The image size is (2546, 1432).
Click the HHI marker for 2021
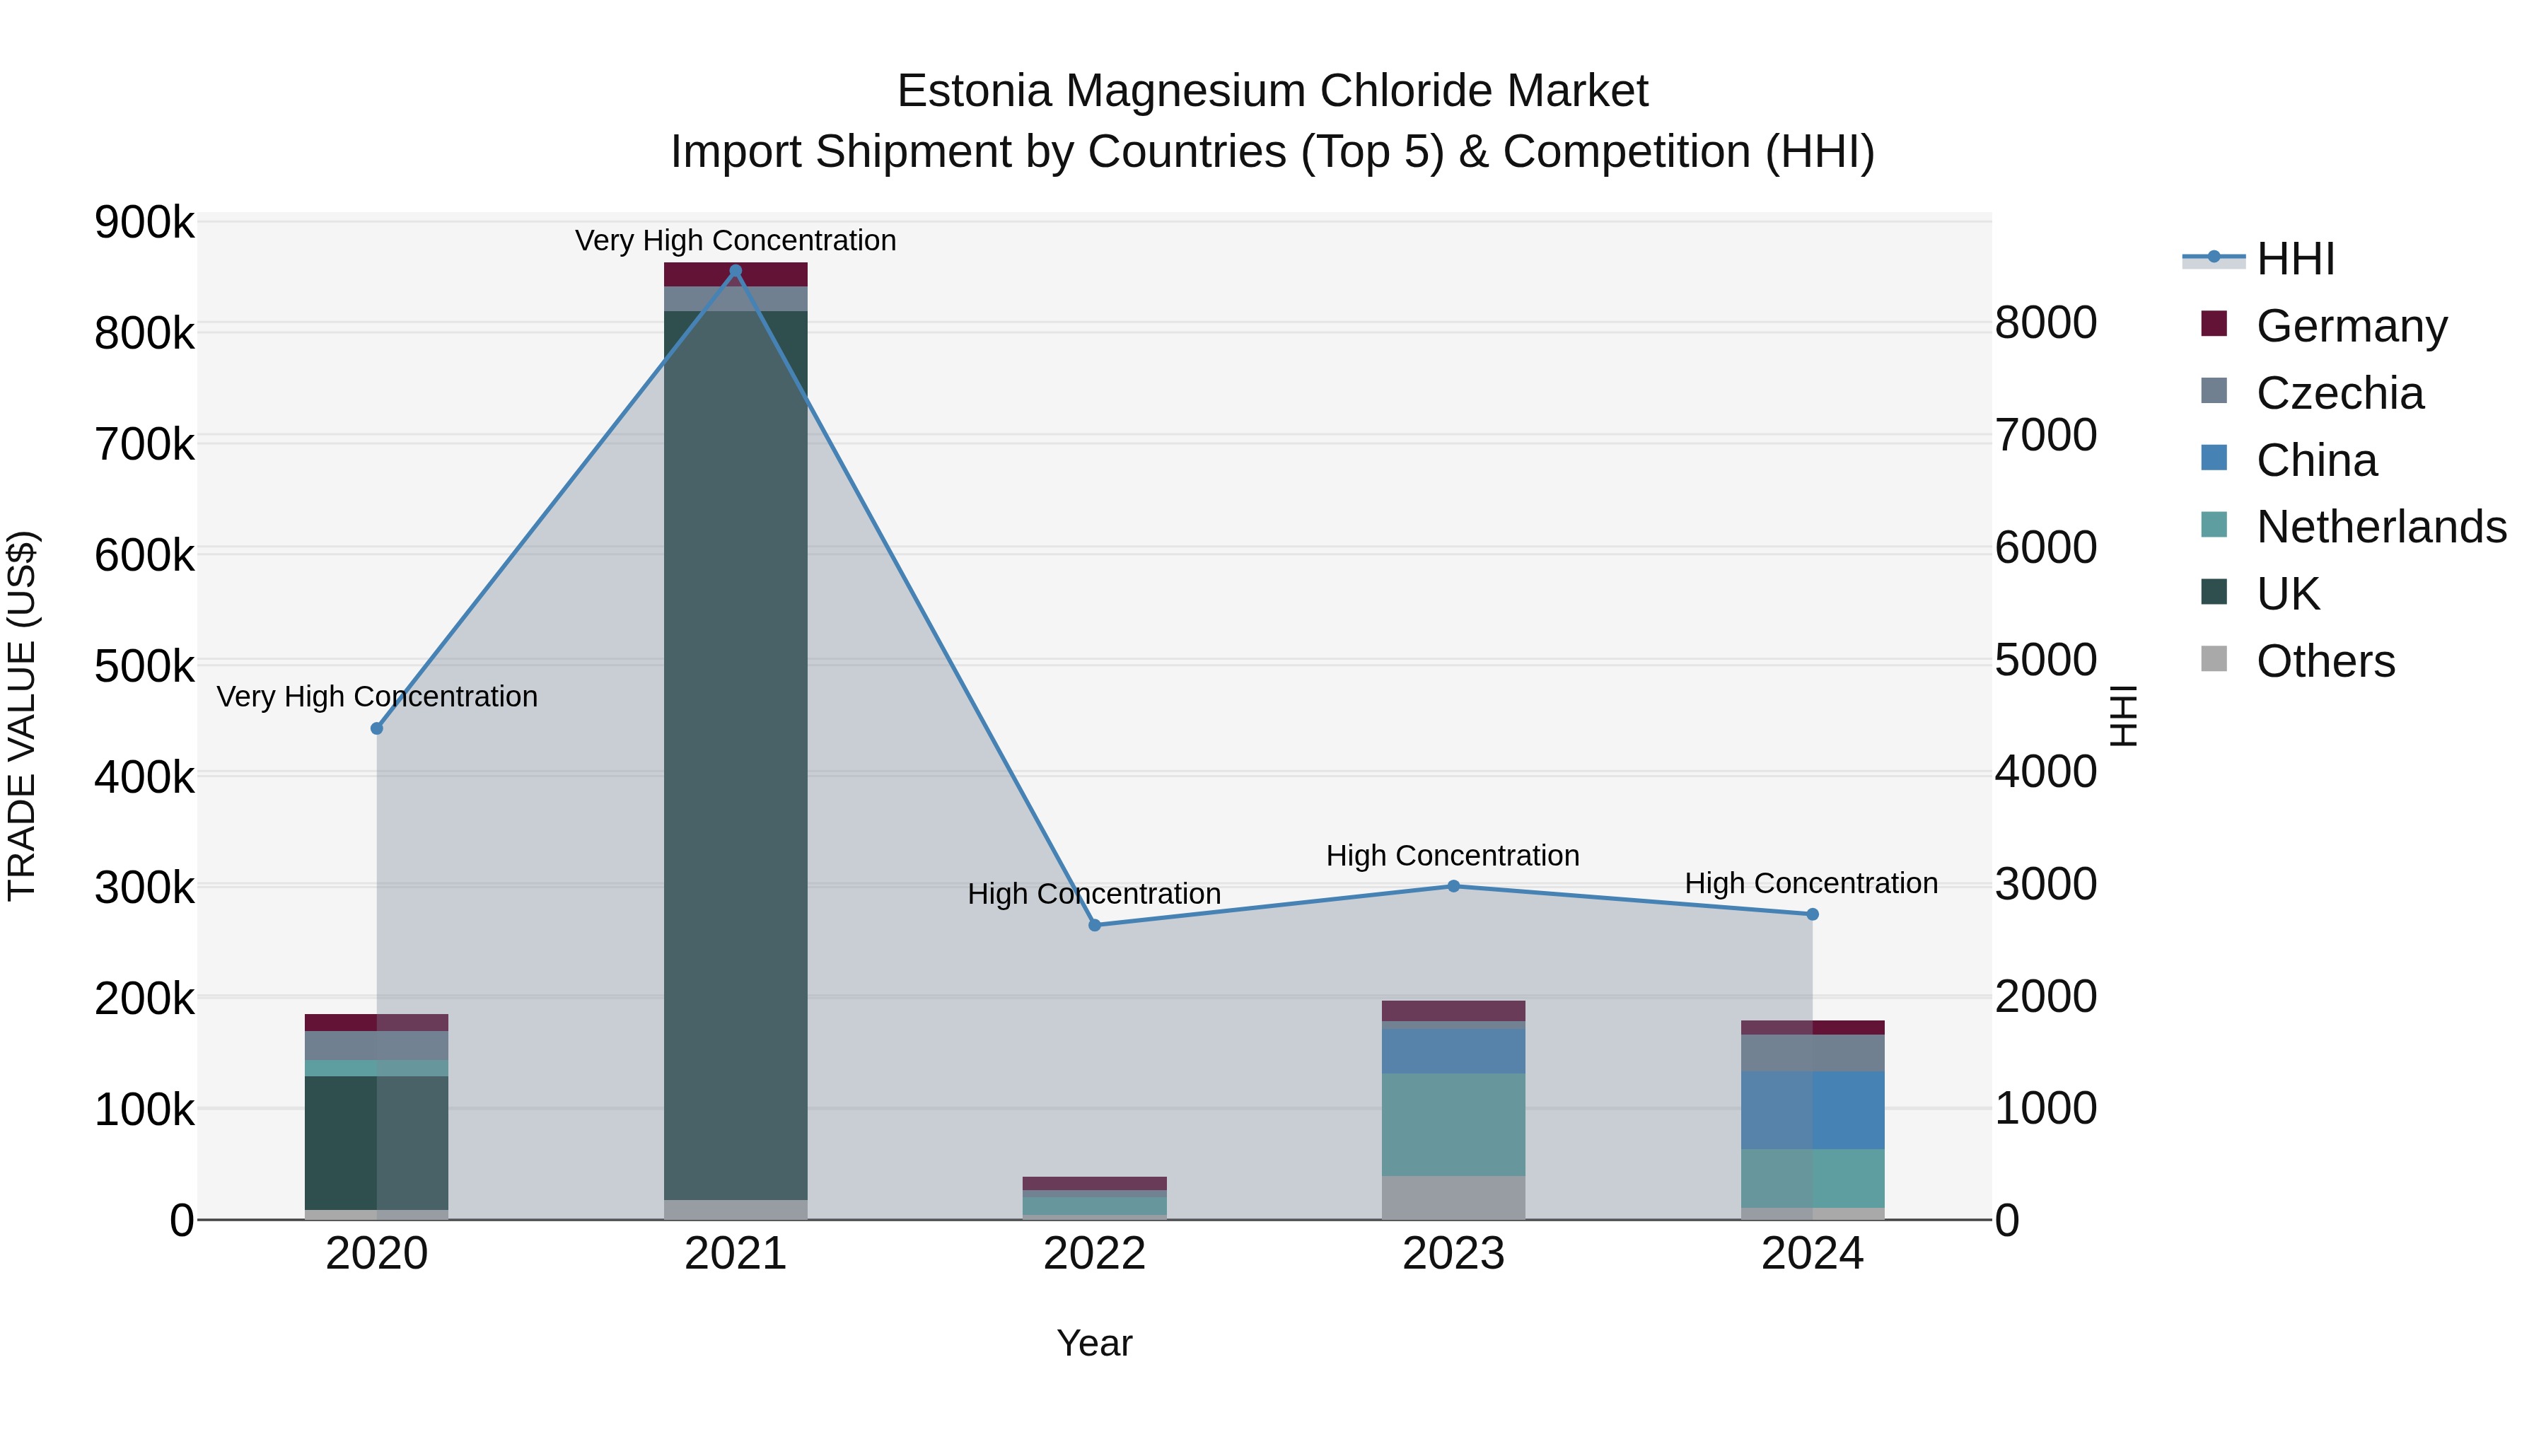[x=736, y=271]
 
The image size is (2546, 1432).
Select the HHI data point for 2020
[x=376, y=728]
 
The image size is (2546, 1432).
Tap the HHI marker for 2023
[x=1453, y=887]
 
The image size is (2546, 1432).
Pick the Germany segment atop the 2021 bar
[x=736, y=275]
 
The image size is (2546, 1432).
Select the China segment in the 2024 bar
[x=1813, y=1110]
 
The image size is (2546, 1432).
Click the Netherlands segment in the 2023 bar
[x=1453, y=1124]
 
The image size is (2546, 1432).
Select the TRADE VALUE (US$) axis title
[x=22, y=716]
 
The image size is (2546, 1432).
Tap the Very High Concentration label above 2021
[x=736, y=241]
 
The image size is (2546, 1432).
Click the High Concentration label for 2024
[x=1810, y=883]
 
